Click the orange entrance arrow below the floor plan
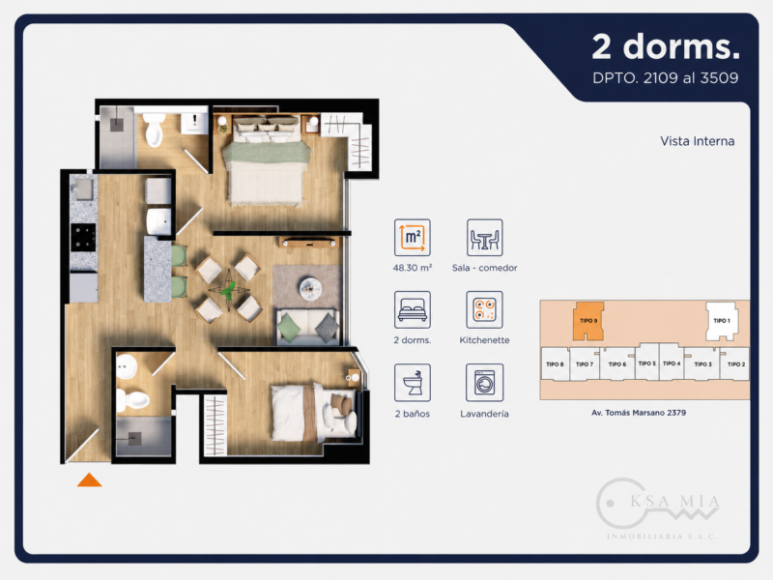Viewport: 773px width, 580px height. [89, 479]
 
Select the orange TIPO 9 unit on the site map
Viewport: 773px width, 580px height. [588, 321]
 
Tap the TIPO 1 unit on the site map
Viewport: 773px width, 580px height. [722, 321]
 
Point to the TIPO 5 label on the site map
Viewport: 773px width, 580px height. [646, 363]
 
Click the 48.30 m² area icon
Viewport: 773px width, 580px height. [413, 238]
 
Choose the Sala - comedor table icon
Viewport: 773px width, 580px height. [485, 238]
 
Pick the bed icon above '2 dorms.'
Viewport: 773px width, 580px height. [413, 309]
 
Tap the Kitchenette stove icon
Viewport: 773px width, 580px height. [485, 309]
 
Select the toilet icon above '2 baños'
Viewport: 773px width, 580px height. [413, 383]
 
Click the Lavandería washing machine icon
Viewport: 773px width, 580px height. [485, 383]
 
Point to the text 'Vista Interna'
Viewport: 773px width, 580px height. [697, 141]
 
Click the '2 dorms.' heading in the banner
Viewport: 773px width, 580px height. [666, 46]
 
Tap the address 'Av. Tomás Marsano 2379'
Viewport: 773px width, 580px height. [639, 413]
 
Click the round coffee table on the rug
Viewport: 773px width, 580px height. [310, 287]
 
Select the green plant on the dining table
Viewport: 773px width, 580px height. [228, 291]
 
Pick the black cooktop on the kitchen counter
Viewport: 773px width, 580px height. [83, 237]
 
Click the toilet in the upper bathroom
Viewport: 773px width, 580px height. [154, 130]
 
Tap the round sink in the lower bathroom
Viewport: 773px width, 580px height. [127, 366]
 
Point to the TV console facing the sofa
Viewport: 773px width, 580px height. [309, 243]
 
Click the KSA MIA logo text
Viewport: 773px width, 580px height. [674, 502]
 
